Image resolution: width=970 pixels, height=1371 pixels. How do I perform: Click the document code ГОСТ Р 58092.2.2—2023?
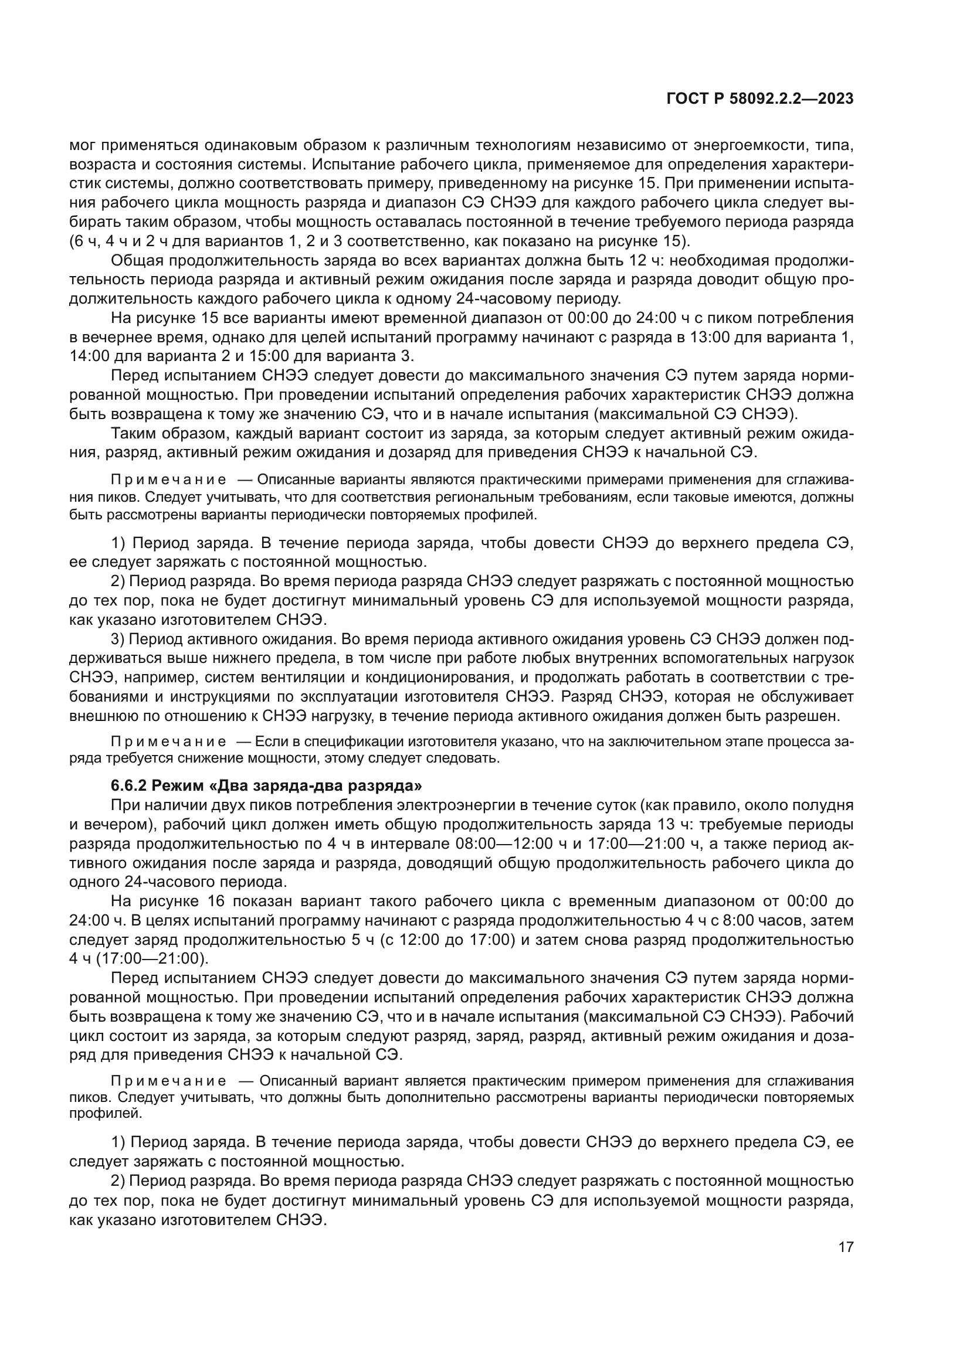pyautogui.click(x=759, y=99)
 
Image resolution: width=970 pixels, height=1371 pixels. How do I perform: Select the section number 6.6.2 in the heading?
pyautogui.click(x=128, y=785)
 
